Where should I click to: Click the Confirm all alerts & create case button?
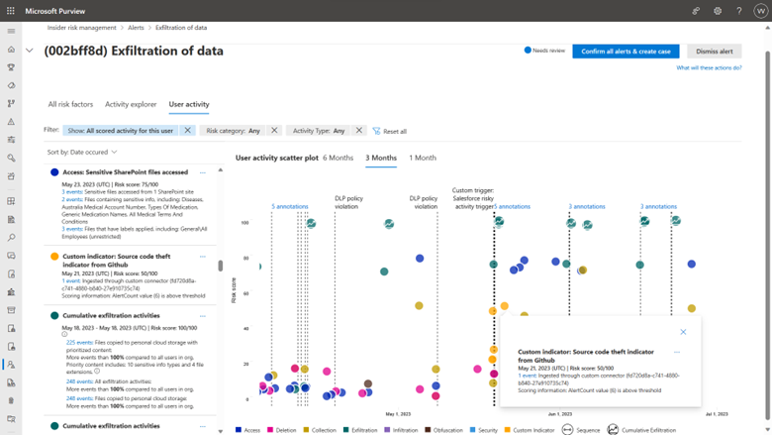(626, 52)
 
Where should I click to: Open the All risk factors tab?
(70, 104)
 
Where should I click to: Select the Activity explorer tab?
(131, 104)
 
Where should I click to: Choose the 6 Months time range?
(338, 158)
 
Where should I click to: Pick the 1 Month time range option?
(423, 158)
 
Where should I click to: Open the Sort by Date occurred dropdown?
(82, 153)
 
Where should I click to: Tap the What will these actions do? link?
(709, 68)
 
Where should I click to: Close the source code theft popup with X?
(683, 332)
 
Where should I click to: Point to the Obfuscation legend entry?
(446, 430)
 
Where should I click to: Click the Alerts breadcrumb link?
(136, 28)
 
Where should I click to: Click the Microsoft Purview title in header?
(60, 10)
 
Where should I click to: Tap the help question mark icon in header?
(738, 11)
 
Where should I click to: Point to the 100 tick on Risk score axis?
(244, 223)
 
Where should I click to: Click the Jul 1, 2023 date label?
(717, 414)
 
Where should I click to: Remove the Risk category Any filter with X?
(275, 131)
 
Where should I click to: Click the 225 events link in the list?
(78, 342)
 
